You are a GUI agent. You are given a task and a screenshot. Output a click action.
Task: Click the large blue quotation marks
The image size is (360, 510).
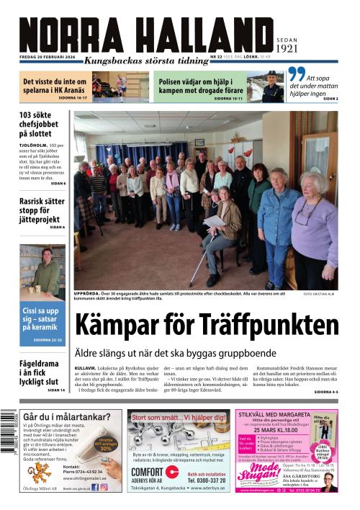[x=296, y=75]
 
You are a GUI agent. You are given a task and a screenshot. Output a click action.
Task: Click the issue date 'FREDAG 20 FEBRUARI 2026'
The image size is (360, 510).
[x=50, y=55]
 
